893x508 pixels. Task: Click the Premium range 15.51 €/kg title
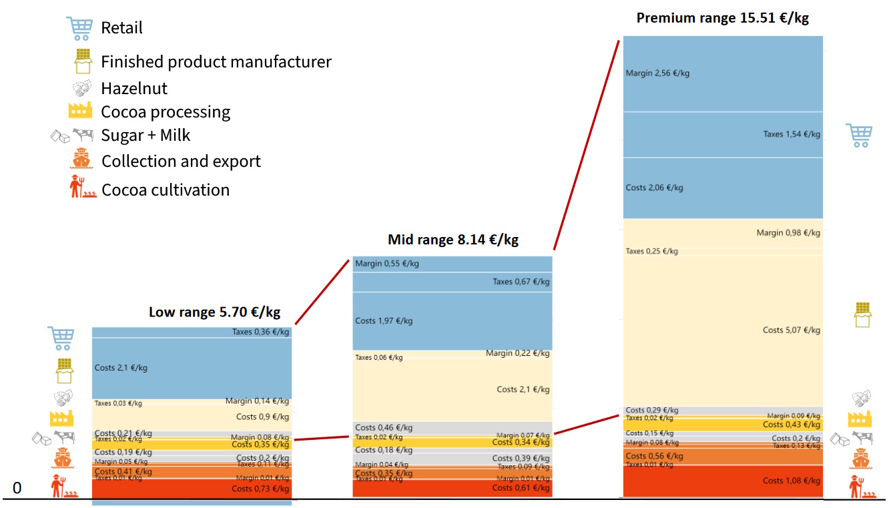[x=722, y=18]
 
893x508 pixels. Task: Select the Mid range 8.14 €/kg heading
[x=453, y=239]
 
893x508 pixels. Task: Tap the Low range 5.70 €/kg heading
[x=214, y=312]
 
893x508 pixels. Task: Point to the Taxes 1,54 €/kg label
[x=792, y=134]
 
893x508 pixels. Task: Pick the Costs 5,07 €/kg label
[x=792, y=330]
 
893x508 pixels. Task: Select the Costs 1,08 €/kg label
[x=792, y=481]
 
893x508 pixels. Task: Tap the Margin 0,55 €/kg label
[x=387, y=264]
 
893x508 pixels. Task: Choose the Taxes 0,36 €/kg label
[x=260, y=332]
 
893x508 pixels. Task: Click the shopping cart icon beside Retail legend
[x=79, y=28]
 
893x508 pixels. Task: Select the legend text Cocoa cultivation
[x=166, y=190]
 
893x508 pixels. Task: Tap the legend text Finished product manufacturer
[x=216, y=62]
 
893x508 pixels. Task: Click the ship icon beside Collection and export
[x=81, y=160]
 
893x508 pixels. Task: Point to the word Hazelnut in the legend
[x=134, y=89]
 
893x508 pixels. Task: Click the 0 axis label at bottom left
[x=17, y=489]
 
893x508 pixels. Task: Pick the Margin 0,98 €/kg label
[x=788, y=233]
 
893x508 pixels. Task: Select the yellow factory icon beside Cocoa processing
[x=80, y=111]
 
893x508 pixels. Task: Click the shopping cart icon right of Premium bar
[x=859, y=135]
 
